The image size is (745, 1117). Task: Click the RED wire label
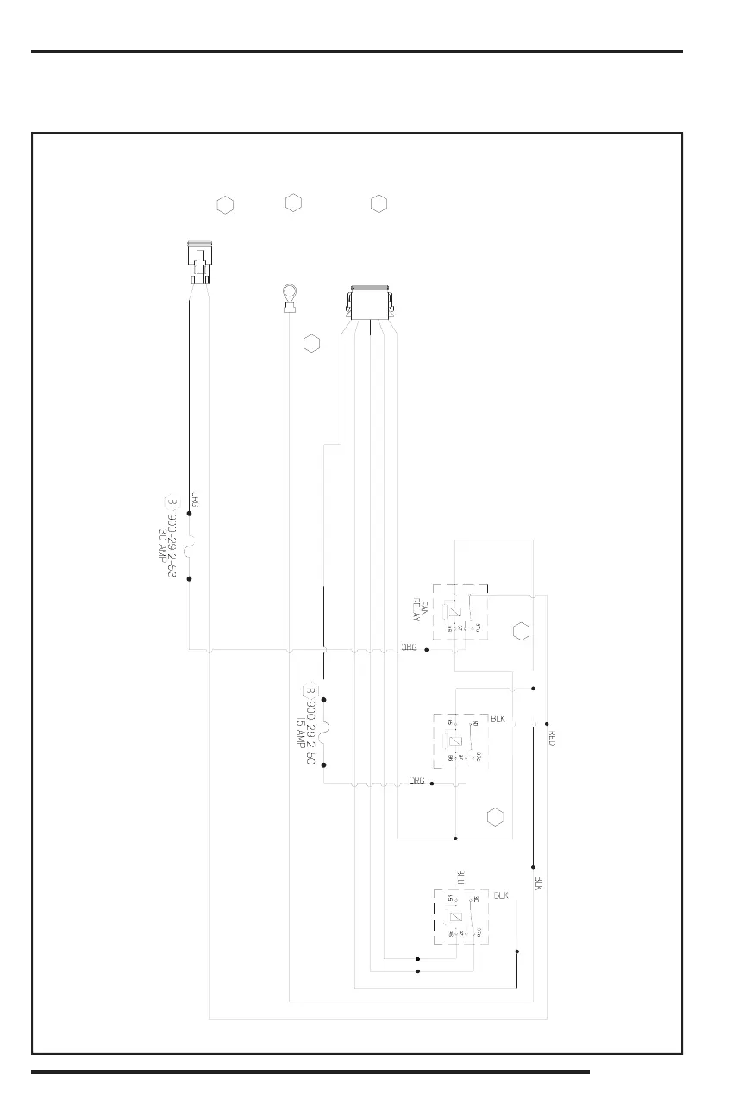pyautogui.click(x=553, y=739)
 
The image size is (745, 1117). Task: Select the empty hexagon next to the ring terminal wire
pyautogui.click(x=311, y=344)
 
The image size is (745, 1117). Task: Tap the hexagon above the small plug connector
pyautogui.click(x=224, y=205)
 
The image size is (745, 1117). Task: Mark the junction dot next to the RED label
pyautogui.click(x=547, y=724)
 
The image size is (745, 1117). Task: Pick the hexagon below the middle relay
pyautogui.click(x=494, y=816)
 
